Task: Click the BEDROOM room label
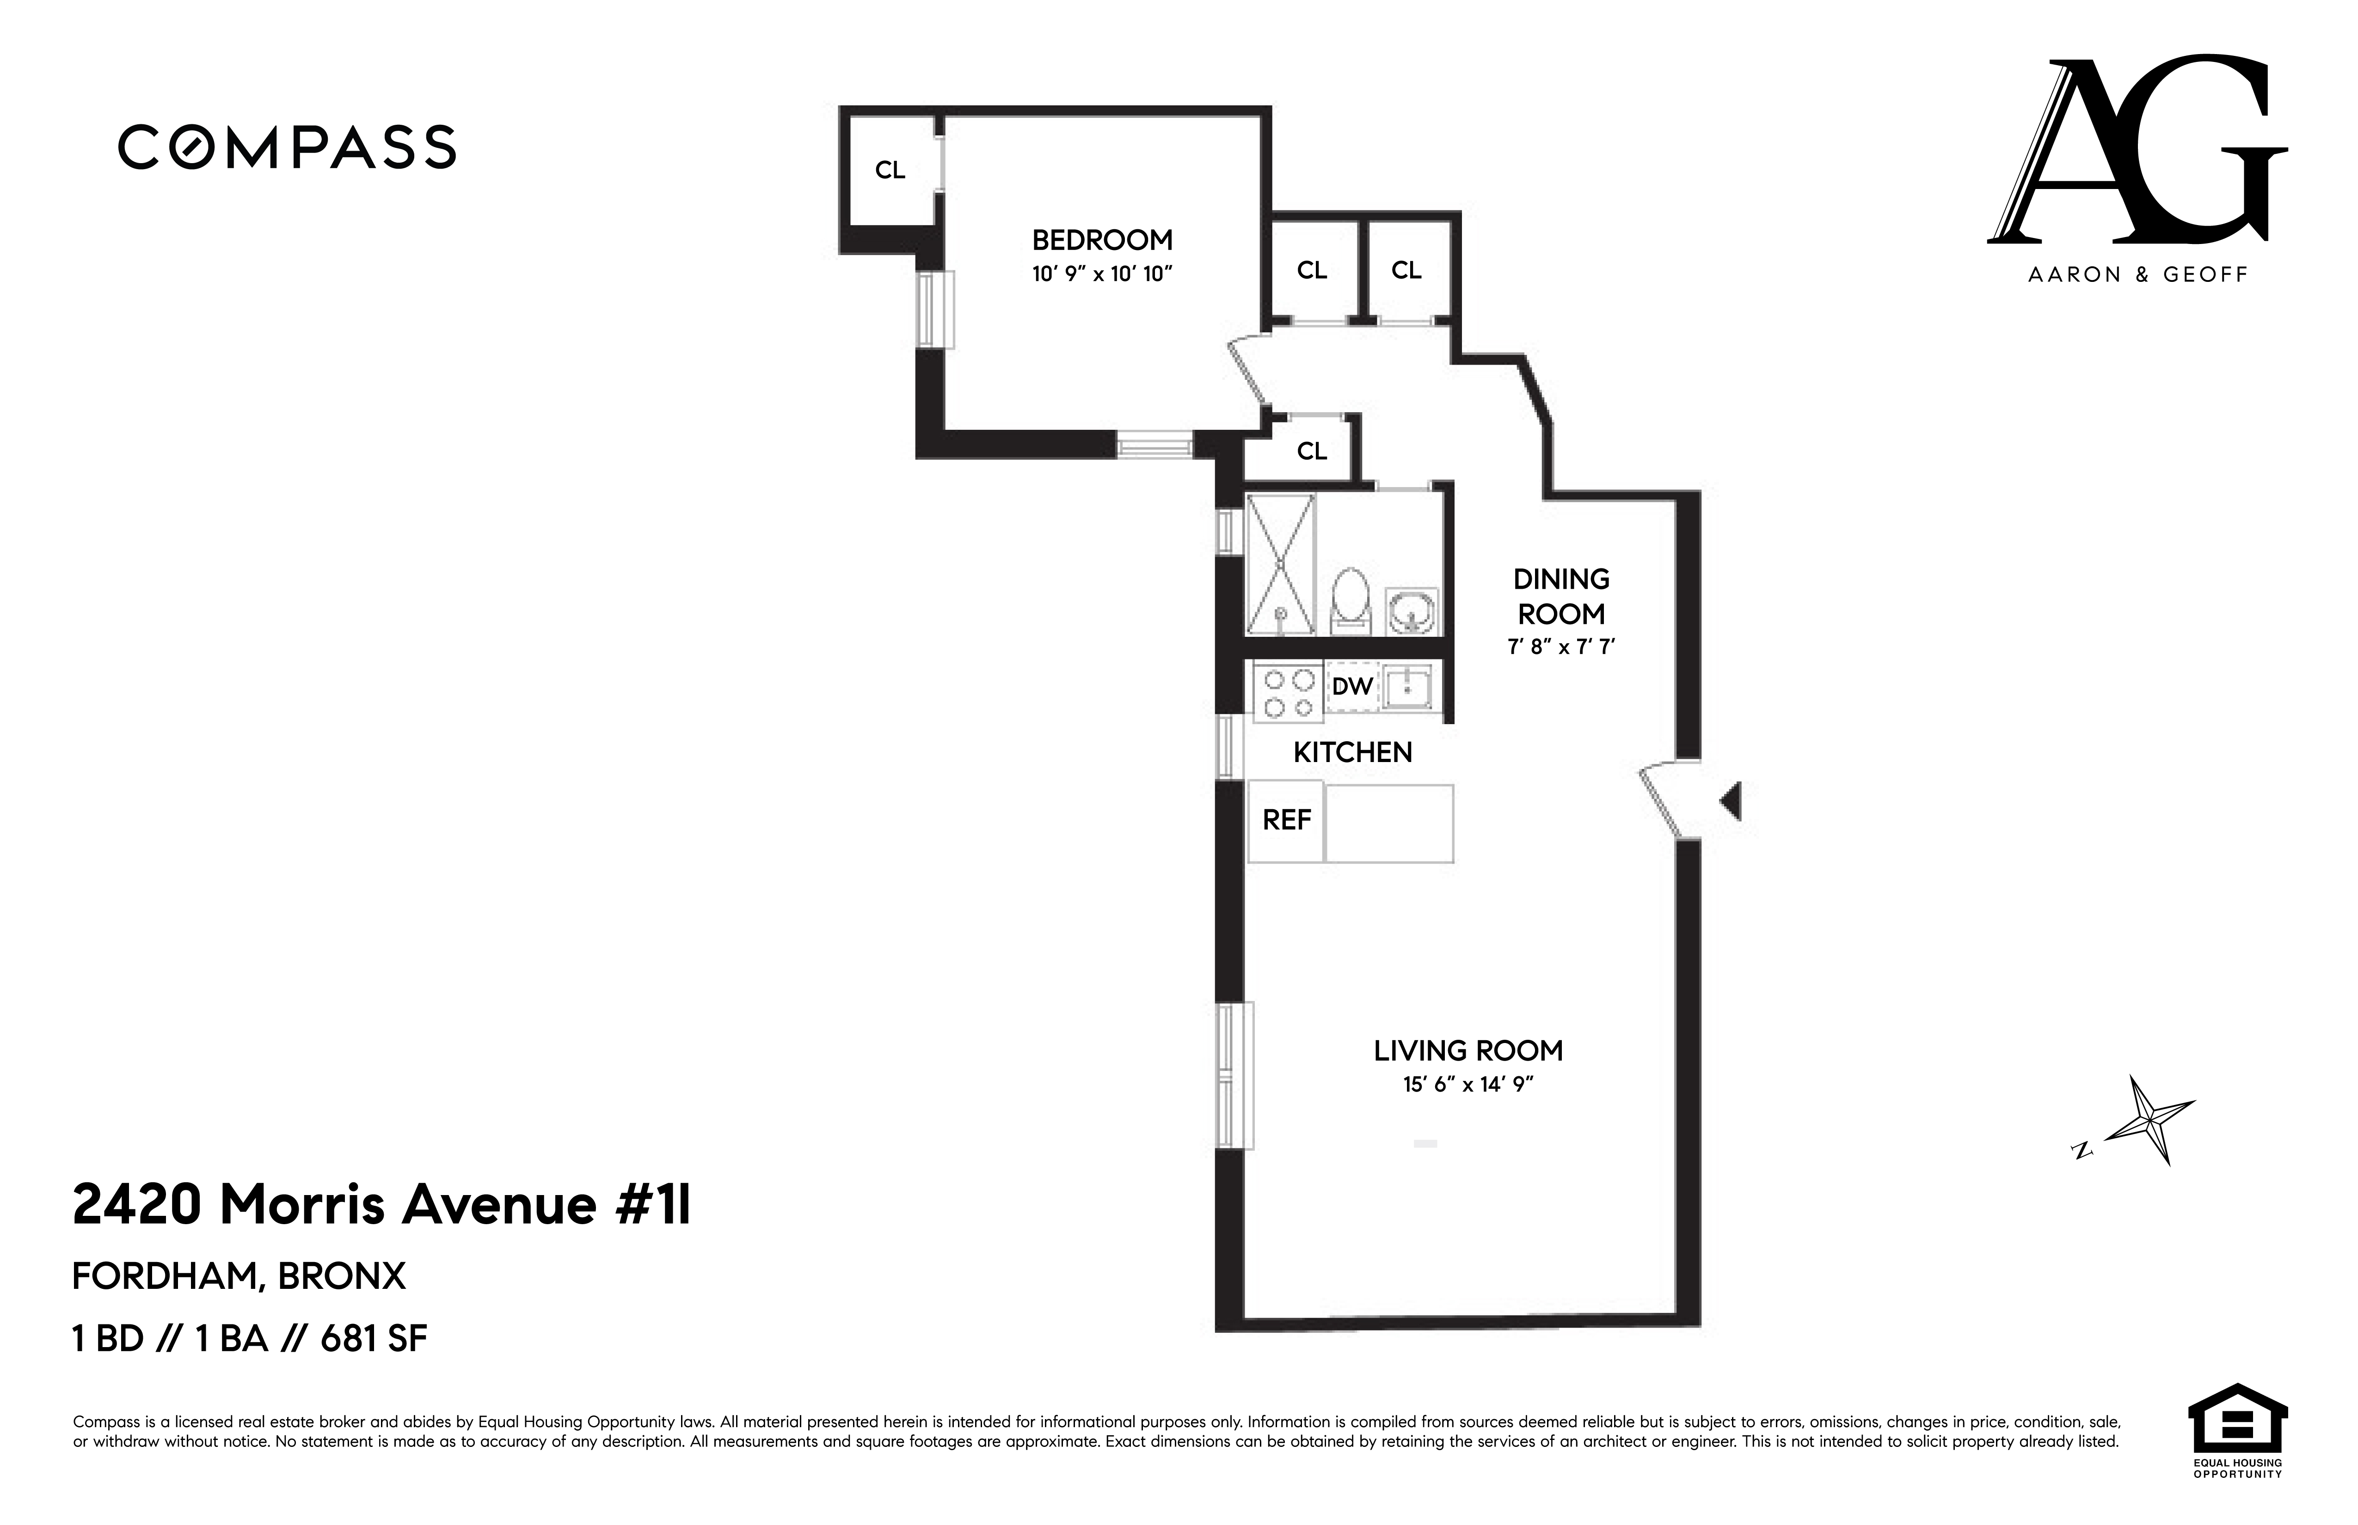click(x=1102, y=241)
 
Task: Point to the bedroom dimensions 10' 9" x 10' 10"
click(x=1102, y=274)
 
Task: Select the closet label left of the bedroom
click(x=890, y=171)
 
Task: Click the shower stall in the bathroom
click(x=1280, y=564)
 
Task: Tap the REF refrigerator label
click(x=1286, y=820)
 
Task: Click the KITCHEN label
click(x=1352, y=753)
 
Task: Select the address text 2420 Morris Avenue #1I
click(x=381, y=1206)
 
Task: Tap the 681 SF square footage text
click(x=374, y=1339)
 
